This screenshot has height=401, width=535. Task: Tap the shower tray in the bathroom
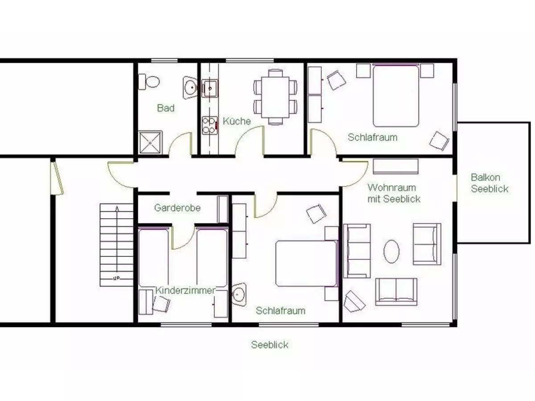[150, 143]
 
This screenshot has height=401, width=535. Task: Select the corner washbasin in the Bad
[190, 87]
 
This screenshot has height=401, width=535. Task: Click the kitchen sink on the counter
[210, 88]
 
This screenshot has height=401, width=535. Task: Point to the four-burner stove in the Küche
[210, 125]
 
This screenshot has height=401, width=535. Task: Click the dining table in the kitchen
[276, 97]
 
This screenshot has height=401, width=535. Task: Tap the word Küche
[237, 121]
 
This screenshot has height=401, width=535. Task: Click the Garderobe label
[177, 208]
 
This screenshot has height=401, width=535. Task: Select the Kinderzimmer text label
[185, 290]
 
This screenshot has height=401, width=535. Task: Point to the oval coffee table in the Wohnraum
[391, 251]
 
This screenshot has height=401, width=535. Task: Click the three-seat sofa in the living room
[357, 251]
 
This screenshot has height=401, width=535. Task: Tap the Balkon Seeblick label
[490, 183]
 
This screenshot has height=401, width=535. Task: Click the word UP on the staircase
[116, 278]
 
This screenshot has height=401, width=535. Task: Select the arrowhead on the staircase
[117, 209]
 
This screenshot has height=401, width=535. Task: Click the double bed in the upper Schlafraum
[395, 95]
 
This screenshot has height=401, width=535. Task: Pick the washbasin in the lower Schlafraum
[239, 295]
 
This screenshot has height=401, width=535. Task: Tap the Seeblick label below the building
[270, 345]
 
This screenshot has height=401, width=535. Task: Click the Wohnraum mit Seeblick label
[394, 193]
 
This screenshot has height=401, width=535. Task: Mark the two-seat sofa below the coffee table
[396, 292]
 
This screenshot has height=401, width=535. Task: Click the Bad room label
[166, 108]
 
